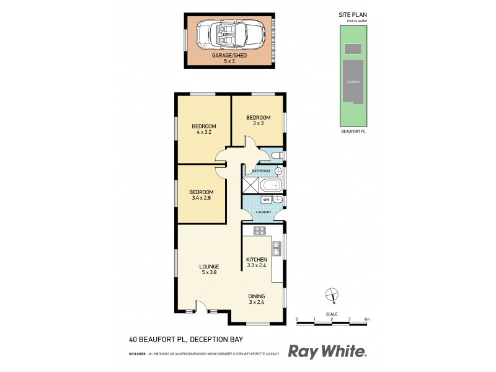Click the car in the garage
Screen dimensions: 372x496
click(229, 35)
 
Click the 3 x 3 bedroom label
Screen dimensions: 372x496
click(258, 120)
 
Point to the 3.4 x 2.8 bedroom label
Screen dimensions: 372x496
click(201, 195)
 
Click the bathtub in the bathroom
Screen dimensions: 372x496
click(269, 185)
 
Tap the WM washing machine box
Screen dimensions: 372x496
click(265, 200)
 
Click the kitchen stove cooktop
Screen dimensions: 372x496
click(260, 231)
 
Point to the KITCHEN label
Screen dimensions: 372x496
click(257, 260)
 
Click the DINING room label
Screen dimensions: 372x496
click(257, 299)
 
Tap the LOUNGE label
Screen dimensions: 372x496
click(209, 267)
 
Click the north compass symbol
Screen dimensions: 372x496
click(332, 295)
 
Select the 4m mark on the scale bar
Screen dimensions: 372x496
click(367, 319)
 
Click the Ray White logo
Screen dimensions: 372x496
click(327, 352)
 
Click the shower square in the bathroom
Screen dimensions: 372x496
click(250, 185)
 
